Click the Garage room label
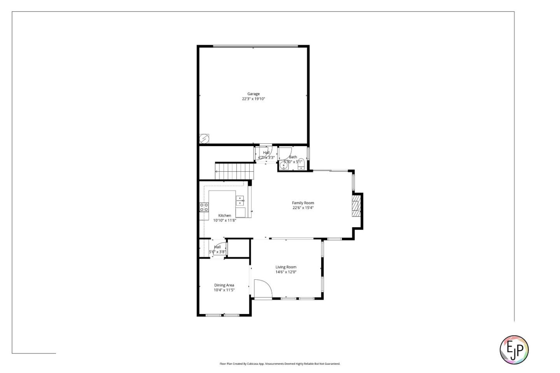pyautogui.click(x=253, y=94)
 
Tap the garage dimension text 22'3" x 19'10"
pyautogui.click(x=254, y=99)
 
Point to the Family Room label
pyautogui.click(x=303, y=203)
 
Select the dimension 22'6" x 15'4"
pyautogui.click(x=303, y=208)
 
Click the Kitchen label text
pyautogui.click(x=224, y=216)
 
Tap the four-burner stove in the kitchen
pyautogui.click(x=204, y=207)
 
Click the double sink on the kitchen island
pyautogui.click(x=240, y=200)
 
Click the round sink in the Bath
pyautogui.click(x=284, y=166)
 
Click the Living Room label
pyautogui.click(x=286, y=267)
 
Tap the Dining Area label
pyautogui.click(x=224, y=285)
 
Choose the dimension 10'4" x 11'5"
pyautogui.click(x=224, y=290)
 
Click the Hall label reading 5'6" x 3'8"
pyautogui.click(x=217, y=249)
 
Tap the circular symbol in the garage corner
pyautogui.click(x=204, y=138)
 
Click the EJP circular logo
pyautogui.click(x=514, y=350)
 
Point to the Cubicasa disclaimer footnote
pyautogui.click(x=280, y=364)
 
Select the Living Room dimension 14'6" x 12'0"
pyautogui.click(x=286, y=272)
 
